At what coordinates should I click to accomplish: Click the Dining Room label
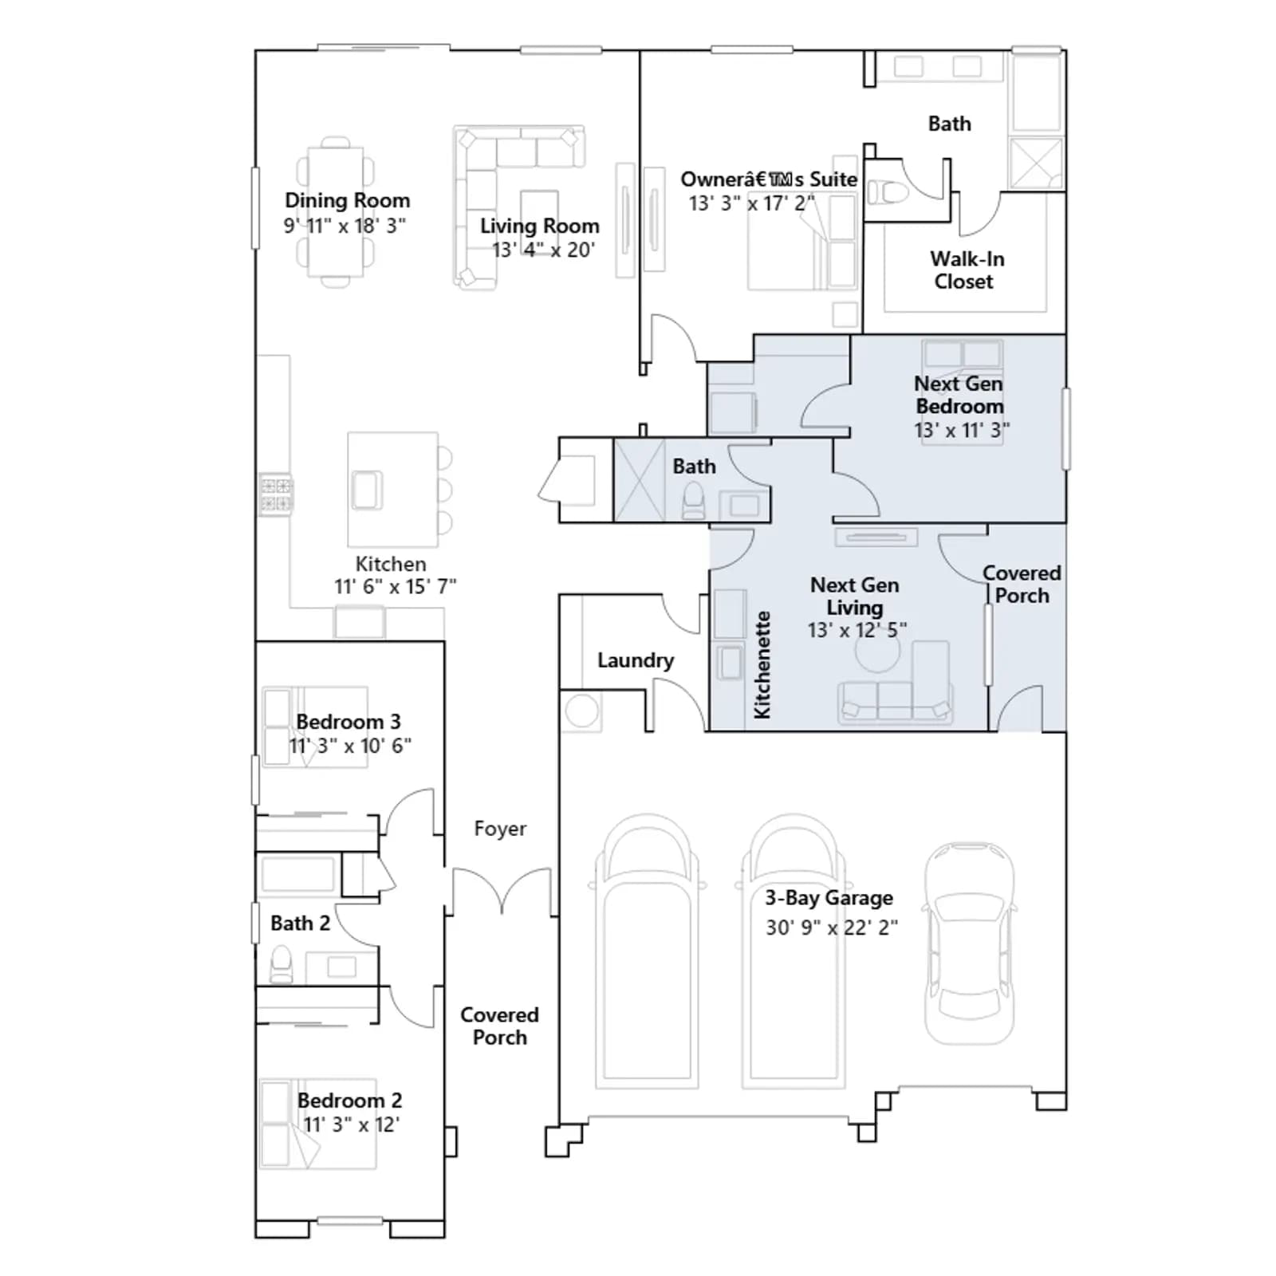[x=348, y=200]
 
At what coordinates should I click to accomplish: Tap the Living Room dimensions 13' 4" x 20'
[x=543, y=250]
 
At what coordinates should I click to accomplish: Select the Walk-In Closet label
[x=967, y=270]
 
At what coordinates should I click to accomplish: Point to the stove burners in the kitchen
[x=276, y=494]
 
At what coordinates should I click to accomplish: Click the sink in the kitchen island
[x=367, y=490]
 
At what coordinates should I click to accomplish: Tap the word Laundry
[x=636, y=660]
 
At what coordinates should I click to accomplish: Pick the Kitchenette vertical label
[x=762, y=665]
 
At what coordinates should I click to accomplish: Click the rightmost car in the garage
[x=969, y=943]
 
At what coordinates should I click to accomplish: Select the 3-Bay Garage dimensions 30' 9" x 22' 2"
[x=832, y=927]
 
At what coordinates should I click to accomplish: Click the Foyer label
[x=500, y=829]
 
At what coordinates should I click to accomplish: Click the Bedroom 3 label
[x=349, y=722]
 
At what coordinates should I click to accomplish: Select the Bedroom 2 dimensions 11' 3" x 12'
[x=352, y=1124]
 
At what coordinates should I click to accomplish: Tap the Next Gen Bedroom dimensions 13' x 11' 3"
[x=962, y=431]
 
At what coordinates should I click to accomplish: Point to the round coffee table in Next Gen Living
[x=878, y=652]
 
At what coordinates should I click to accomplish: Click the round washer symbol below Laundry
[x=581, y=711]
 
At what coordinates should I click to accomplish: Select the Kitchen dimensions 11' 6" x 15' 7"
[x=396, y=587]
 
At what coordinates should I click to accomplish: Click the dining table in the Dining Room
[x=336, y=211]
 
